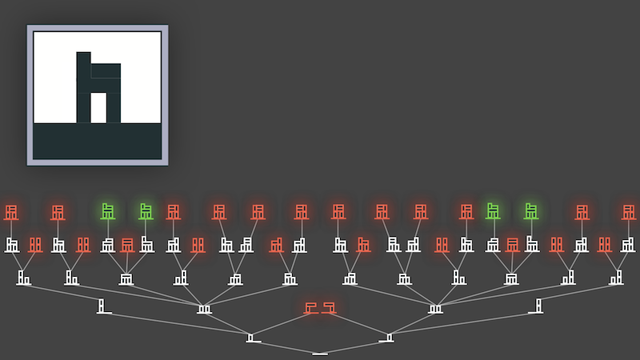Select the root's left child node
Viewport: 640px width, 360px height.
click(254, 338)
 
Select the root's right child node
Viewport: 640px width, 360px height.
click(390, 338)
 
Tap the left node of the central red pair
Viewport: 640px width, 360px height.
click(311, 307)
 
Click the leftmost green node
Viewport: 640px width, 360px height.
click(108, 212)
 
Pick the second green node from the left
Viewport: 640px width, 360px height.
click(146, 212)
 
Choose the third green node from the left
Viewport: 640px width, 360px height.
click(493, 212)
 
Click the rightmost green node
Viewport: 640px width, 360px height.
click(531, 212)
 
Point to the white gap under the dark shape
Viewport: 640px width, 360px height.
click(98, 107)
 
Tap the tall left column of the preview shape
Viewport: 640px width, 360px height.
click(83, 86)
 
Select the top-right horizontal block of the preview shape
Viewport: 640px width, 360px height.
click(106, 70)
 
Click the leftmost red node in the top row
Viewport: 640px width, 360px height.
click(11, 213)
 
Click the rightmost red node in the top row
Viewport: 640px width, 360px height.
click(630, 213)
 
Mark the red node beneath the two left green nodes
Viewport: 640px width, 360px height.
click(127, 245)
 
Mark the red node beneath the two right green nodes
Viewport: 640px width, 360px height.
click(512, 245)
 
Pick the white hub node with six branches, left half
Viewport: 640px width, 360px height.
click(205, 308)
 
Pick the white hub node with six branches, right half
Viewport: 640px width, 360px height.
click(435, 308)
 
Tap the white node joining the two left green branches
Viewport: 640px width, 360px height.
click(126, 278)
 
